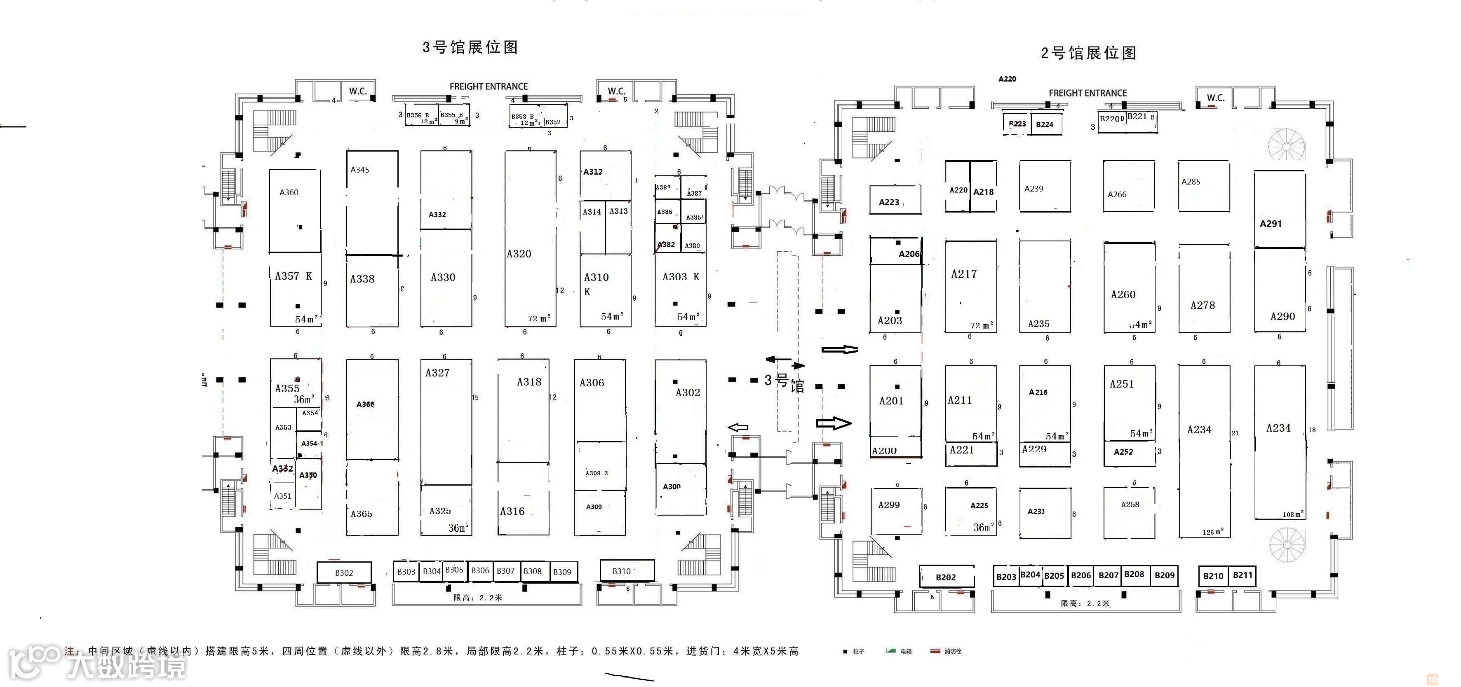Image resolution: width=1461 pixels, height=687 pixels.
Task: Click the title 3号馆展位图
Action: [470, 47]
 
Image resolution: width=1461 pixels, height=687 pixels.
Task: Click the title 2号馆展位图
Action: [1088, 53]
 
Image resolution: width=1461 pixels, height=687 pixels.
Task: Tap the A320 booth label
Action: [519, 254]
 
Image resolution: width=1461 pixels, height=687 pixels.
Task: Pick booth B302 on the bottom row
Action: [344, 573]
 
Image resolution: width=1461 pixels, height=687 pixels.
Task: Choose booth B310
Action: [622, 571]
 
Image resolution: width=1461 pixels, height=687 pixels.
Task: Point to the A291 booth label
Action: [1271, 224]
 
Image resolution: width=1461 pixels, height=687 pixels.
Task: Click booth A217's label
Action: [963, 274]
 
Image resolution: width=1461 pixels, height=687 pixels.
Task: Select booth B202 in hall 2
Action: [945, 577]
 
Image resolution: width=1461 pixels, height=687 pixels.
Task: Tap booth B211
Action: [1243, 575]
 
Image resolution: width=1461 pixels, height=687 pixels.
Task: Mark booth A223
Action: [889, 202]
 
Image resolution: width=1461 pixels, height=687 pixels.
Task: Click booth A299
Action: [889, 505]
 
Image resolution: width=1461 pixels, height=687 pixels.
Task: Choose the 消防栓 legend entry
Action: [953, 651]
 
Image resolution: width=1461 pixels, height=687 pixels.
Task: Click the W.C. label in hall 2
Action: [1215, 98]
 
